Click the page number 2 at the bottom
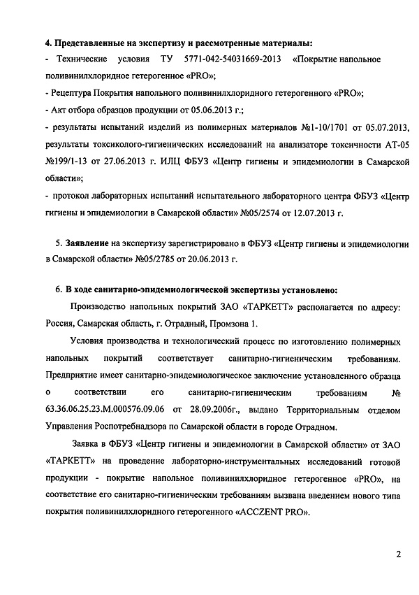tap(397, 555)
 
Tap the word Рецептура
tap(74, 92)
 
